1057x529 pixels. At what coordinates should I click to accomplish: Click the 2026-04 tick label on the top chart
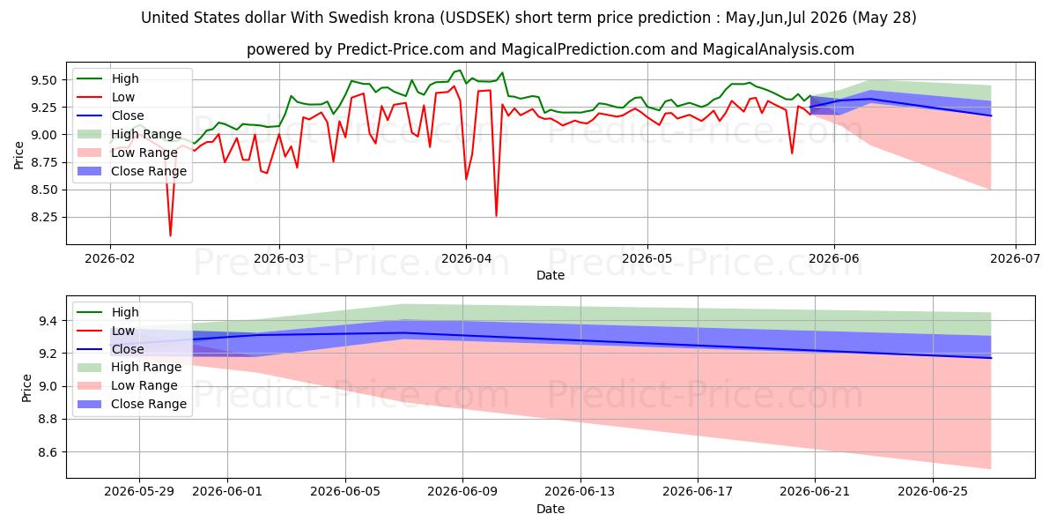coord(466,258)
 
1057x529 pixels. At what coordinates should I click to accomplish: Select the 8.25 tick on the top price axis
coord(43,217)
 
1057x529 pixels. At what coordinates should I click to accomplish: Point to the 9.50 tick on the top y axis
coord(43,80)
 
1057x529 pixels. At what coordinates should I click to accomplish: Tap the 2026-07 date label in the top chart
coord(1015,258)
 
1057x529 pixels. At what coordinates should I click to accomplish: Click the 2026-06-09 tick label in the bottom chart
coord(462,492)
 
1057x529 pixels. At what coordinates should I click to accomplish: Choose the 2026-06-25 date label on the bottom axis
coord(933,492)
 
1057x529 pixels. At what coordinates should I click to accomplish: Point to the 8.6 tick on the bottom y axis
coord(48,452)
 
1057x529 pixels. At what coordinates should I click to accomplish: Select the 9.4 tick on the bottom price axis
coord(48,321)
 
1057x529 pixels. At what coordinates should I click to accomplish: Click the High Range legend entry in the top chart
coord(129,134)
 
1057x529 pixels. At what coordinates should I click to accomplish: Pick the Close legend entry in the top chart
coord(110,115)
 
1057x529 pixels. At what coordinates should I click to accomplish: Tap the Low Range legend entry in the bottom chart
coord(128,385)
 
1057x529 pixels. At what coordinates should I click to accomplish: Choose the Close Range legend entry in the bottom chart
coord(131,404)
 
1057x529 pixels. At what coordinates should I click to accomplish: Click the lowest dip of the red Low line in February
coord(170,235)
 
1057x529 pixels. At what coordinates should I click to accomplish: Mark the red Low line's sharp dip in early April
coord(496,216)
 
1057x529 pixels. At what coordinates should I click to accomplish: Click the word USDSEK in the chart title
coord(475,18)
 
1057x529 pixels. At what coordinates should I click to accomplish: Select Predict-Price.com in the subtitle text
coord(401,49)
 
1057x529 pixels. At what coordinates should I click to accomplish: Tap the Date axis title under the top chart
coord(551,275)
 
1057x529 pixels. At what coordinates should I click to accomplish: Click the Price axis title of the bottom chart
coord(26,388)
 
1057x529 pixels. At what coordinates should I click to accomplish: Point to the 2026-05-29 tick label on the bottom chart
coord(139,492)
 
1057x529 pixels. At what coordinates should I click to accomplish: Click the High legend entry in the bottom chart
coord(108,312)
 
